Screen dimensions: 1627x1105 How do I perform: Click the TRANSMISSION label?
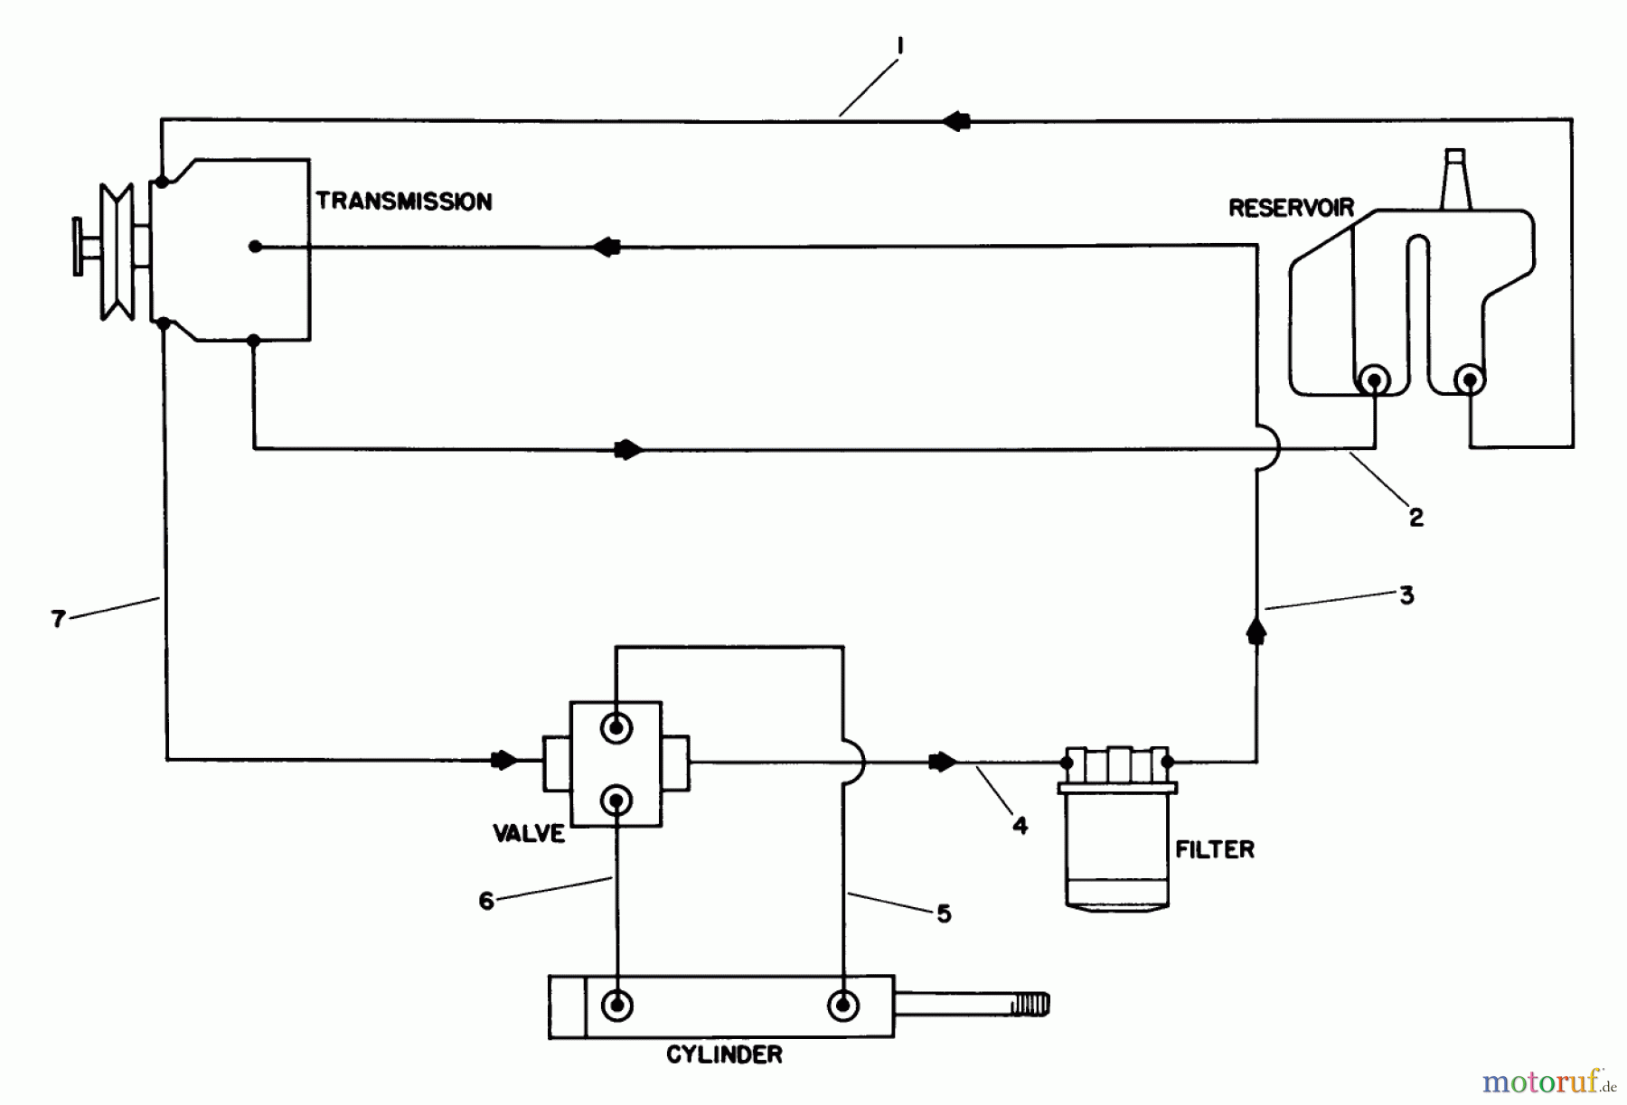(404, 201)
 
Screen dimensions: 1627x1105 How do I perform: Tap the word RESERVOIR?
(1291, 208)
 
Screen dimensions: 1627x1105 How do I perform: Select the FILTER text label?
(1215, 849)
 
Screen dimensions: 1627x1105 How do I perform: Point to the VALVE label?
(529, 833)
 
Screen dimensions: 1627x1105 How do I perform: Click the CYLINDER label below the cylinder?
(724, 1054)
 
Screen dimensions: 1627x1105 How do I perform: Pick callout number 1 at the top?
(900, 45)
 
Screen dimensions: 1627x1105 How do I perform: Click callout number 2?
(1415, 517)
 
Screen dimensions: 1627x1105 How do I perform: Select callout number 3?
(1406, 595)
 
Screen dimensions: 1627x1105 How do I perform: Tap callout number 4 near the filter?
(1020, 825)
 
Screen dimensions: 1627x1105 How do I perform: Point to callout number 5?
(944, 914)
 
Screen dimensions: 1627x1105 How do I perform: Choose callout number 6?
(486, 901)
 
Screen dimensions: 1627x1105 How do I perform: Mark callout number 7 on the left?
(59, 619)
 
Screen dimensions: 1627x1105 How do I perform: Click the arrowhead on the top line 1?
(955, 121)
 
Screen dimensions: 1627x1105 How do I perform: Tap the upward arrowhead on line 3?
(1256, 630)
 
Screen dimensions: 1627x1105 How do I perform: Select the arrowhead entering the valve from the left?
(503, 761)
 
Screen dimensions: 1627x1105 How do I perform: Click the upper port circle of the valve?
(616, 727)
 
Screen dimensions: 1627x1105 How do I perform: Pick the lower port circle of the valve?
(616, 800)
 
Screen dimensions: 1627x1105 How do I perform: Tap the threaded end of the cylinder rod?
(1030, 1004)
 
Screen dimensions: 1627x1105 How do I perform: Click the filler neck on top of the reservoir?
(1455, 179)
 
